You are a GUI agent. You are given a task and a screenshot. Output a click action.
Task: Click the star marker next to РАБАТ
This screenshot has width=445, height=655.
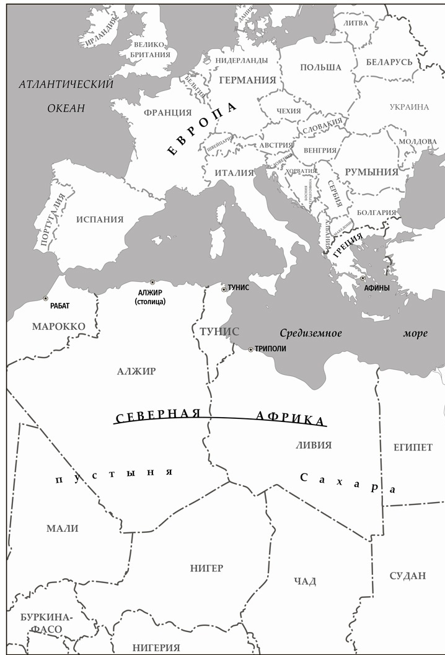pyautogui.click(x=45, y=298)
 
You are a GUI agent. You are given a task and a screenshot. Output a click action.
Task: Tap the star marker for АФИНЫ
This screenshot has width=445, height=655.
pyautogui.click(x=363, y=278)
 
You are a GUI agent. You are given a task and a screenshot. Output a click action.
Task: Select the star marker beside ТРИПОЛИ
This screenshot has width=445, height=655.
pyautogui.click(x=250, y=349)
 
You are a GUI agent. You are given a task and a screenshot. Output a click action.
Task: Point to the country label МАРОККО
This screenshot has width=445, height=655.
pyautogui.click(x=59, y=327)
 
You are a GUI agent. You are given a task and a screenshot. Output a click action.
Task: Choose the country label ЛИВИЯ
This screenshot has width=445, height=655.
pyautogui.click(x=314, y=445)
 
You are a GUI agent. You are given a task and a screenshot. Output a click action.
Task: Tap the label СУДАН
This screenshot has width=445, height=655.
pyautogui.click(x=408, y=576)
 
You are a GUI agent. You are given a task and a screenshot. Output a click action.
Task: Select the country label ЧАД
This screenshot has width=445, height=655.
pyautogui.click(x=305, y=581)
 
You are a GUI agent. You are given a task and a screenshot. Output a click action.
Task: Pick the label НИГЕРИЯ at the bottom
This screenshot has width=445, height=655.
pyautogui.click(x=156, y=647)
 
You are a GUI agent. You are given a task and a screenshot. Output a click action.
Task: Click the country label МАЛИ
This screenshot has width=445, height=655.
pyautogui.click(x=63, y=529)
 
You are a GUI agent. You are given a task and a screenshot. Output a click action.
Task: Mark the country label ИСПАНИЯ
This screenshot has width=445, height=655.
pyautogui.click(x=100, y=219)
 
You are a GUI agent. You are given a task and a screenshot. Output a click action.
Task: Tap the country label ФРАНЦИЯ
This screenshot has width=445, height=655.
pyautogui.click(x=167, y=113)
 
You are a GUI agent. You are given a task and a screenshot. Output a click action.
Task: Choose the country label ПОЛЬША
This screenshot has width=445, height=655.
pyautogui.click(x=320, y=67)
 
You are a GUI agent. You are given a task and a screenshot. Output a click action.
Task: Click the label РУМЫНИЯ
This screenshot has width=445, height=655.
pyautogui.click(x=371, y=172)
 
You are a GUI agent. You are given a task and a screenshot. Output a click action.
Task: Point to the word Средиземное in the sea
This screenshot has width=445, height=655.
pyautogui.click(x=311, y=333)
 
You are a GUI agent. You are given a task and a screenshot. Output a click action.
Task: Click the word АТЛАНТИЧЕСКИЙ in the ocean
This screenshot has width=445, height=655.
pyautogui.click(x=66, y=85)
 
